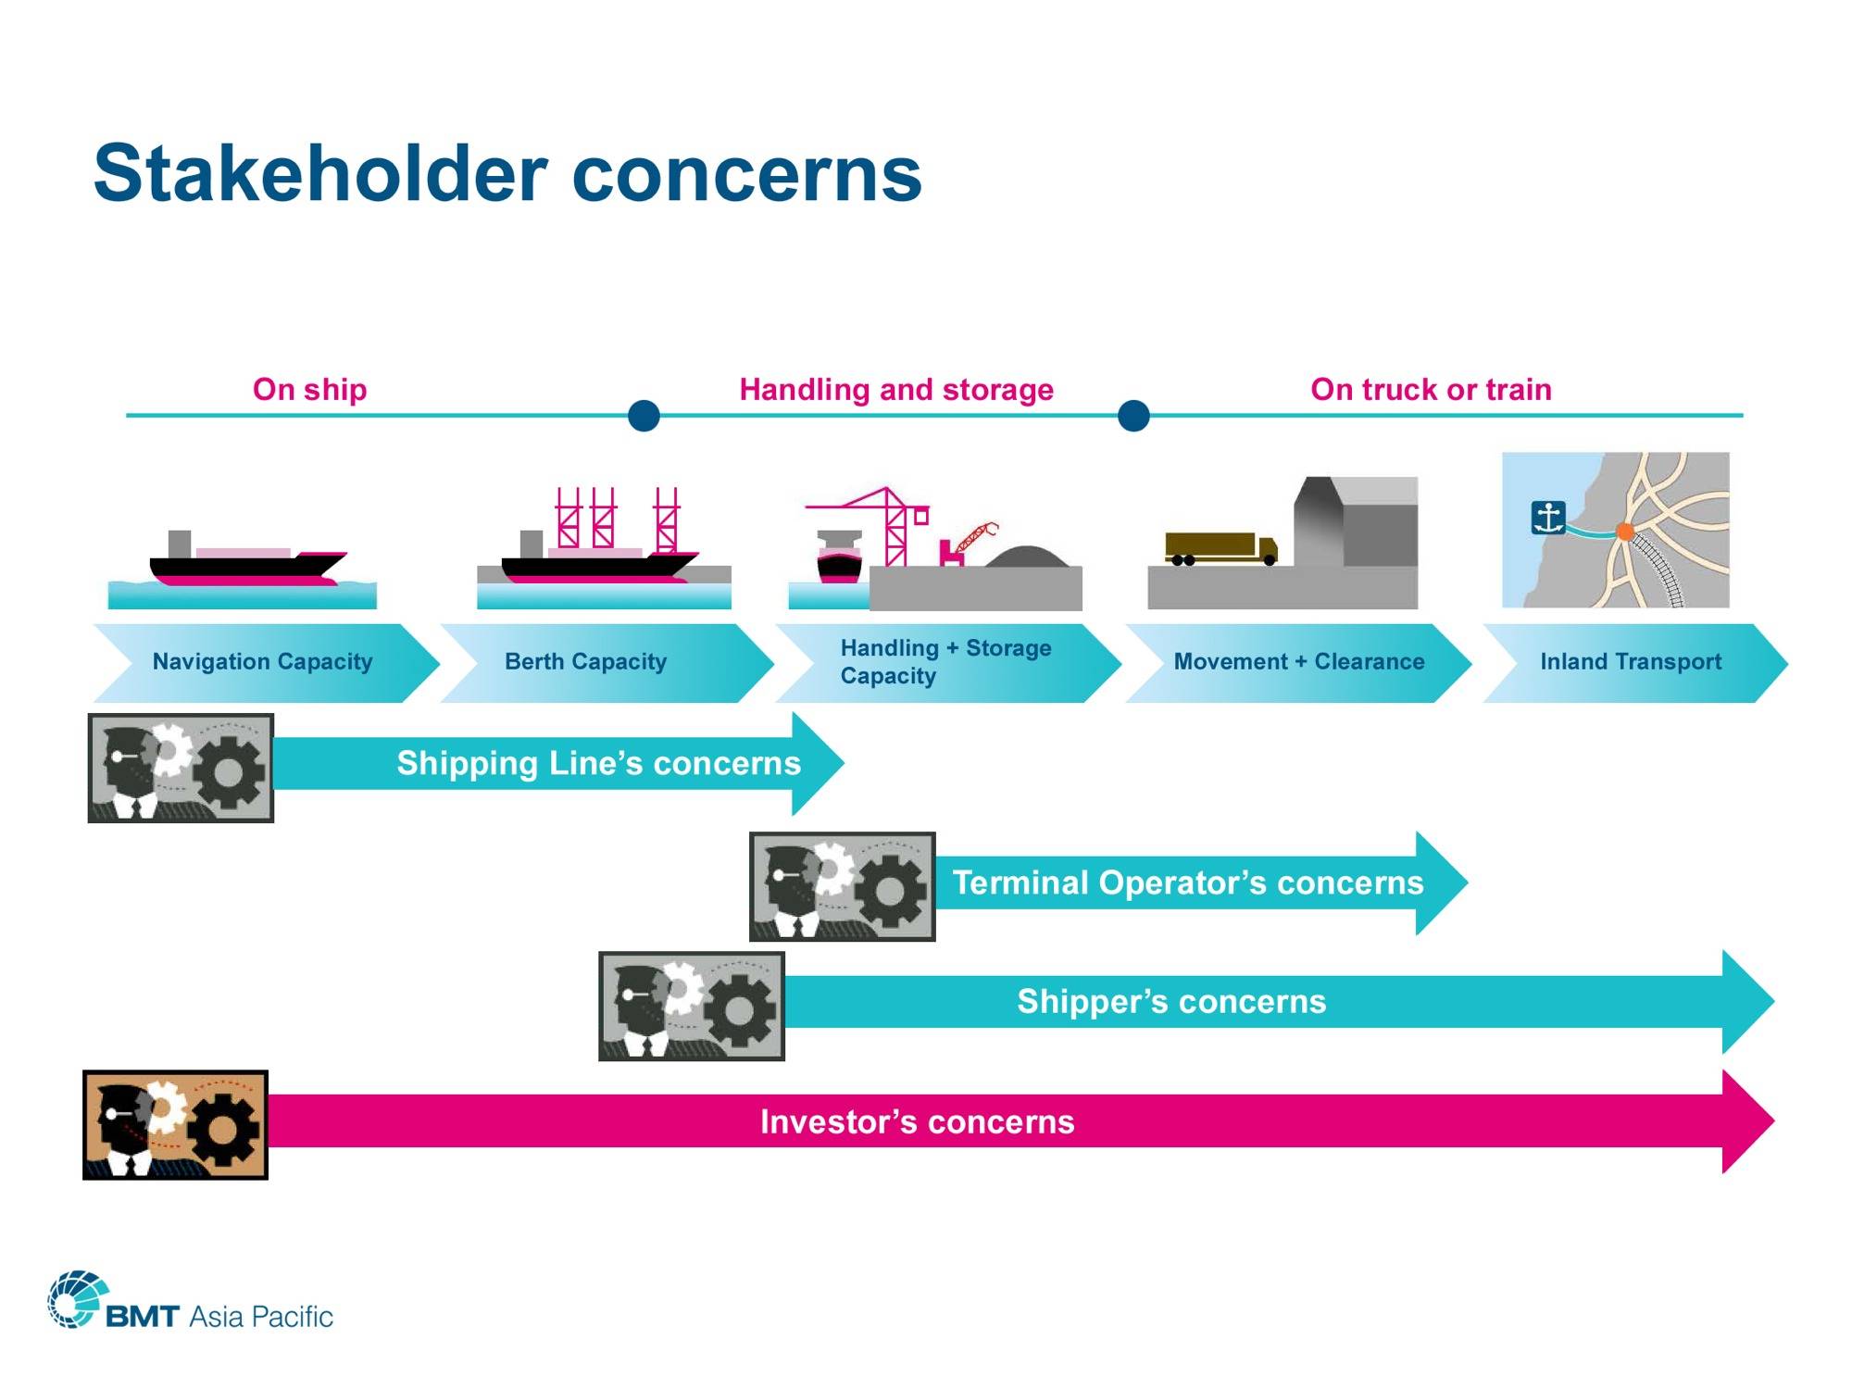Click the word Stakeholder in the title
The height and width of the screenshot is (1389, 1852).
[321, 173]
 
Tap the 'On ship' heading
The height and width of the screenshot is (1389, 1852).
[310, 389]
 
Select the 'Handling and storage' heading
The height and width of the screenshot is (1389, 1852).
[896, 389]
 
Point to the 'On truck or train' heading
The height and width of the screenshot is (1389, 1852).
[1431, 389]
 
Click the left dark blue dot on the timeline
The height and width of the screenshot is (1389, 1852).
[644, 416]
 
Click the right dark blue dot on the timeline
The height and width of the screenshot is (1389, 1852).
[1133, 416]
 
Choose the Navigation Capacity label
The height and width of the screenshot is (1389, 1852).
[262, 662]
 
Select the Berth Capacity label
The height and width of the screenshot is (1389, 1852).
[585, 662]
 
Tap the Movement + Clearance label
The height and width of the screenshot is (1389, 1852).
[1299, 661]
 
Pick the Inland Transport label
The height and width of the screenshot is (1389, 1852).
[1631, 661]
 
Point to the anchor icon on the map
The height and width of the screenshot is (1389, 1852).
[1547, 518]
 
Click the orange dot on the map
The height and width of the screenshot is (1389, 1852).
[1624, 531]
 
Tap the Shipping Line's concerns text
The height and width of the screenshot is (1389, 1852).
[598, 763]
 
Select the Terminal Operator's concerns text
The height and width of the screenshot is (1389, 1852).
[1188, 882]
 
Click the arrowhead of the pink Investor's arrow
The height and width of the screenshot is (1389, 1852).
[1747, 1121]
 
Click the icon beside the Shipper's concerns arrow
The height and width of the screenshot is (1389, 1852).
[692, 1006]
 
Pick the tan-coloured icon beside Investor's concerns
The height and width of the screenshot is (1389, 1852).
[175, 1125]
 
